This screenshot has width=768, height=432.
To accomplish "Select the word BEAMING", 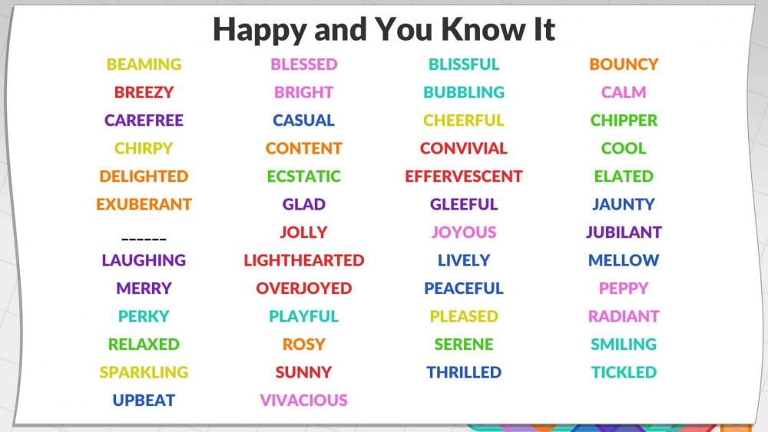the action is [144, 64].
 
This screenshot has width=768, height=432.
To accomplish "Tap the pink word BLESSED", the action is [303, 64].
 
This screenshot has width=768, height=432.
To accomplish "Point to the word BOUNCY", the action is [624, 64].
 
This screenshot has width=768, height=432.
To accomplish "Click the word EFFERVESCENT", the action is [464, 176].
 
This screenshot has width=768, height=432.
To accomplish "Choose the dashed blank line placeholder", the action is [144, 239].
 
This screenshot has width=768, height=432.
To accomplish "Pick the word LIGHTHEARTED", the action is [303, 260].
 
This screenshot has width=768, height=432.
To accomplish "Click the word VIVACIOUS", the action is [303, 401].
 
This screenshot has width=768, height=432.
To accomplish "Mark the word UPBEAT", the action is [144, 401].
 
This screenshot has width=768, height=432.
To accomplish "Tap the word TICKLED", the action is [624, 372].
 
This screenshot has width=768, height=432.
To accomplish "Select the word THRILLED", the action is [464, 372].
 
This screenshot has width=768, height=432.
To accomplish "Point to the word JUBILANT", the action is [624, 232].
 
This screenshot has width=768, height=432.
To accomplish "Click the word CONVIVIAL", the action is [464, 148].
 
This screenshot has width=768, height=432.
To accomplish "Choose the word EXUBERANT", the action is [144, 204].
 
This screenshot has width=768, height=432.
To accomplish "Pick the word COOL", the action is [624, 148].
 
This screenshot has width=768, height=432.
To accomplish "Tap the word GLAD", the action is [303, 204].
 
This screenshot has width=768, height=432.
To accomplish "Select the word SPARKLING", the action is [144, 372].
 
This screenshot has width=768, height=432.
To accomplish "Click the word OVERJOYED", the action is [303, 289].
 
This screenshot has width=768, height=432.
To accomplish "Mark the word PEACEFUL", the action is [464, 289].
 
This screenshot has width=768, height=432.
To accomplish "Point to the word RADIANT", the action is [624, 316].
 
